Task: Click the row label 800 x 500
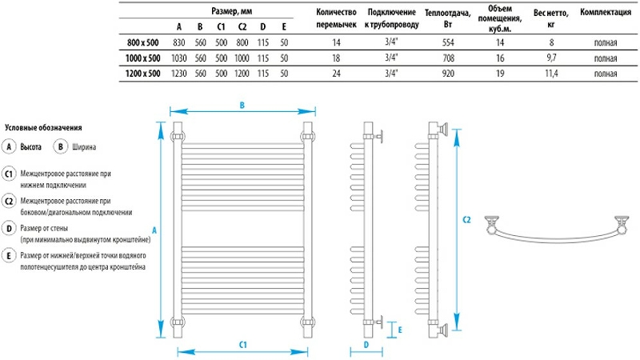[x=142, y=42]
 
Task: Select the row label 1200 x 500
[x=142, y=73]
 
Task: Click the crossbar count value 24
[x=335, y=73]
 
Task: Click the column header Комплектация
[x=606, y=13]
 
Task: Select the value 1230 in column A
[x=178, y=73]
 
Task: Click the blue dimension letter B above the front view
[x=242, y=104]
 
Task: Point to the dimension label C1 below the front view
[x=242, y=343]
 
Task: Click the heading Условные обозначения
[x=44, y=128]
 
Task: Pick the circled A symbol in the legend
[x=9, y=146]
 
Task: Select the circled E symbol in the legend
[x=9, y=255]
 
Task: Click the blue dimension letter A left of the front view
[x=154, y=226]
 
